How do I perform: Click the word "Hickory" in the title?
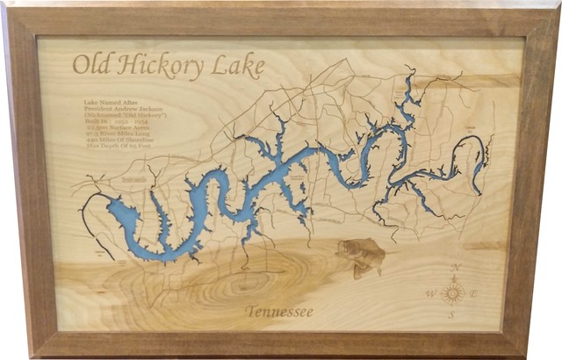(162, 66)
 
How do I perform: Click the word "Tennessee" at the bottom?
(279, 312)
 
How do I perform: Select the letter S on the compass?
(452, 316)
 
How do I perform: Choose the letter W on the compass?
(430, 293)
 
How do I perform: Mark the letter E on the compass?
(475, 292)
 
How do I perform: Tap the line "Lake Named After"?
(105, 102)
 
